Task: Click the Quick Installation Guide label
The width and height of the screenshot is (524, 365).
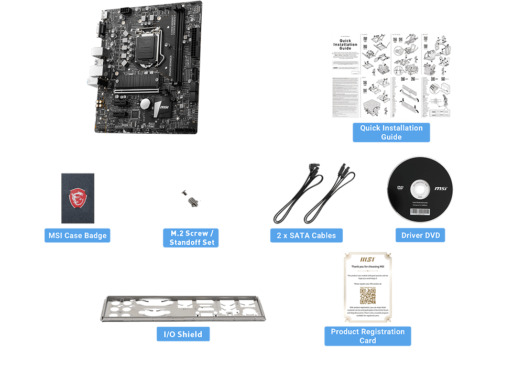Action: coord(391,132)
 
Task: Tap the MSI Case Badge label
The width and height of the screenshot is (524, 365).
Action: coord(78,235)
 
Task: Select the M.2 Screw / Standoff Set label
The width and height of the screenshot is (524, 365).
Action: coord(191,238)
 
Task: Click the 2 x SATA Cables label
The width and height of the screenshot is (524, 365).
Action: coord(306,235)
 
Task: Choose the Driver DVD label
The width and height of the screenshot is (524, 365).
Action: coord(420,235)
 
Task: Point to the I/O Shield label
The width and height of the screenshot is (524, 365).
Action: coord(183,334)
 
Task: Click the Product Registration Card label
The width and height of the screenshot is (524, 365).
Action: coord(367,336)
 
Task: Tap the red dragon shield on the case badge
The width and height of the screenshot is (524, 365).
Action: coord(78,199)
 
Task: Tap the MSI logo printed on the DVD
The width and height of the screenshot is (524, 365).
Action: coord(441,188)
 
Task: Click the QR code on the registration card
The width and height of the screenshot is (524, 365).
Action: coord(367,296)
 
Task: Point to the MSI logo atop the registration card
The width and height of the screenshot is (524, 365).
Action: coord(367,260)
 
